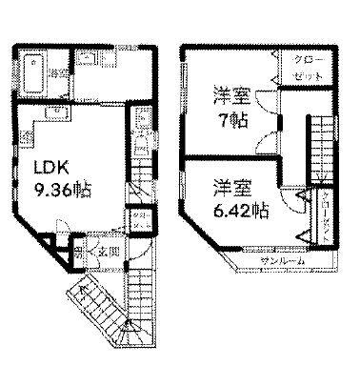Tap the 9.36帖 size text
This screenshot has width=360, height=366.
coord(64,189)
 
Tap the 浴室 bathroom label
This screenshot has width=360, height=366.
coord(57,73)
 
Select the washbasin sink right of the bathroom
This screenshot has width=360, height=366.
coord(88,61)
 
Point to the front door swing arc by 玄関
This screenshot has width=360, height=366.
coord(136,250)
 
